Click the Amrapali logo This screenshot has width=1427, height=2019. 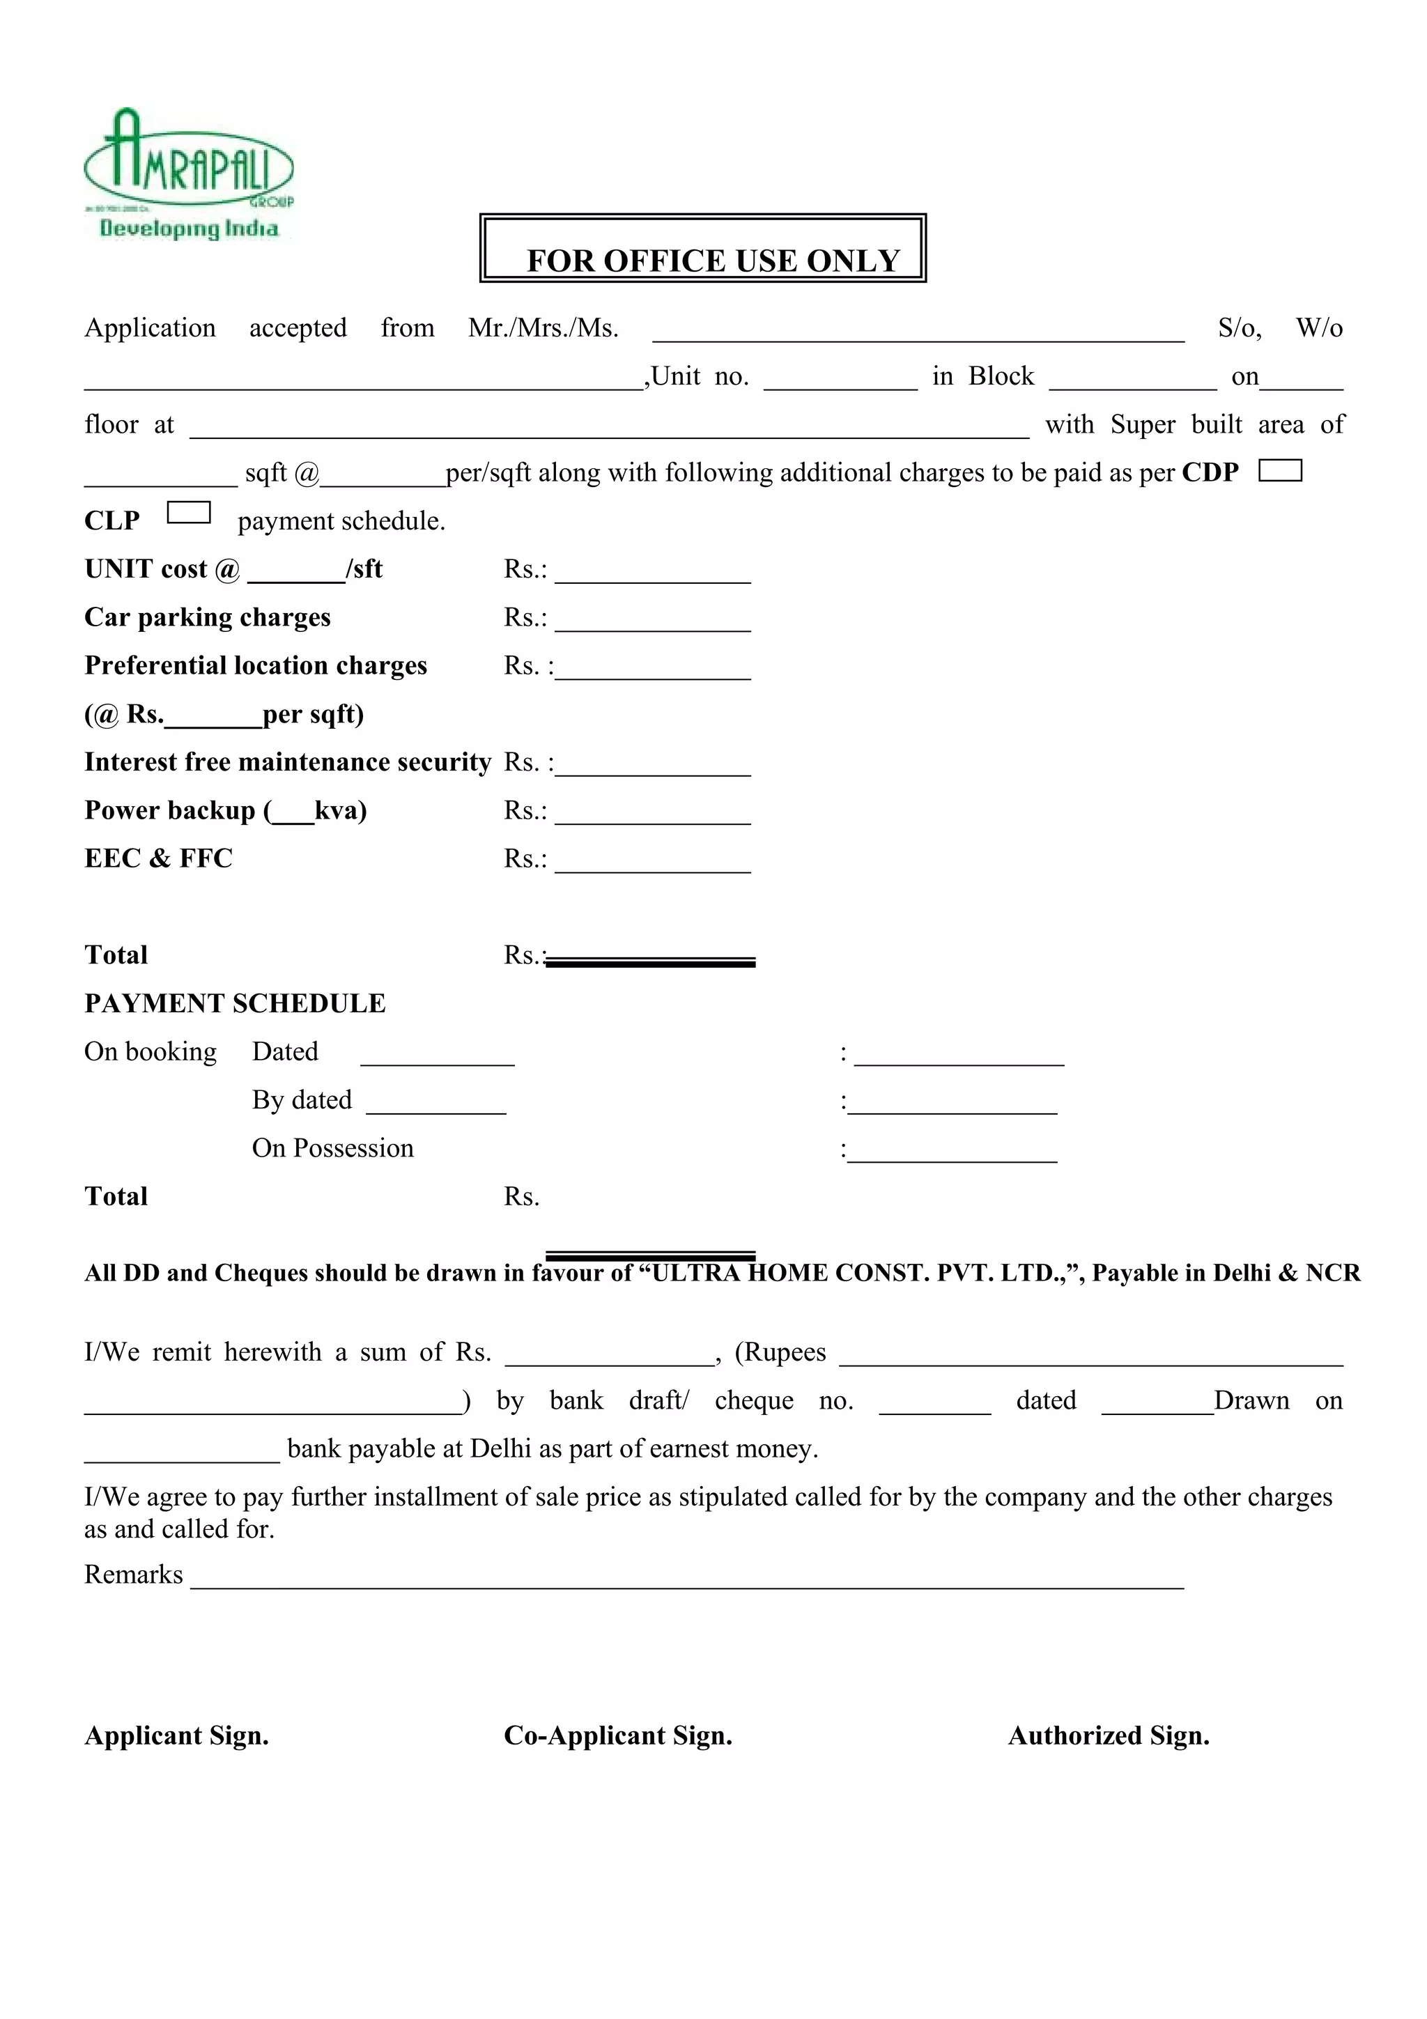coord(188,174)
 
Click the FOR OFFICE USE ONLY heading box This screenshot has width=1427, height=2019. coord(702,249)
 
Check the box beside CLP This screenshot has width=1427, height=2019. coord(188,513)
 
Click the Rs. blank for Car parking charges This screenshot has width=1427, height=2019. coord(652,621)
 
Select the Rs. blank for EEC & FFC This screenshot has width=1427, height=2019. coord(652,862)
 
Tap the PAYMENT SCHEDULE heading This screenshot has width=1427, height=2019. coord(235,1003)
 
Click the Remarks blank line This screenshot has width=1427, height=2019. coord(686,1579)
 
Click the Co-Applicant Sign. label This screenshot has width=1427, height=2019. coord(617,1736)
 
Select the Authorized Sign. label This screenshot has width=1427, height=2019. coord(1108,1736)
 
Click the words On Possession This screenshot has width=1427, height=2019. coord(332,1148)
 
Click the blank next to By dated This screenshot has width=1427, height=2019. coord(435,1104)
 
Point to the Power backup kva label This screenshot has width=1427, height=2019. coord(225,810)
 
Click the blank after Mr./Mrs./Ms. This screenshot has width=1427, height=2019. coord(917,332)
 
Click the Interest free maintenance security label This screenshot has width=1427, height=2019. coord(288,761)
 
